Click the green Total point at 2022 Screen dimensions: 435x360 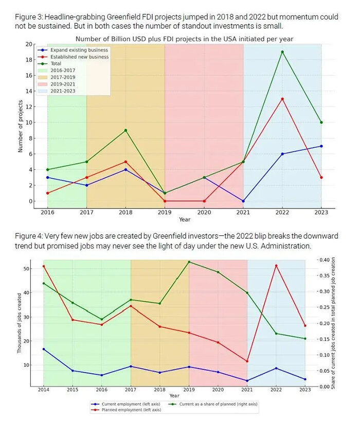[x=282, y=52]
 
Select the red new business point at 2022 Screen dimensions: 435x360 [x=282, y=99]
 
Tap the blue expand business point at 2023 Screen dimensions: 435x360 [x=321, y=146]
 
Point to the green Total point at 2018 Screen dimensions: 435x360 [x=125, y=130]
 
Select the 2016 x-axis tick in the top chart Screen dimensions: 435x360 [x=47, y=212]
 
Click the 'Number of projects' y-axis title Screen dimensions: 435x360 [x=21, y=126]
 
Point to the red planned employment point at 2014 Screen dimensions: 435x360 [x=44, y=266]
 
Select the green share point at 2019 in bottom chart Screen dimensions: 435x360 [x=189, y=262]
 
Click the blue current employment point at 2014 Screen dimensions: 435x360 [x=44, y=349]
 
